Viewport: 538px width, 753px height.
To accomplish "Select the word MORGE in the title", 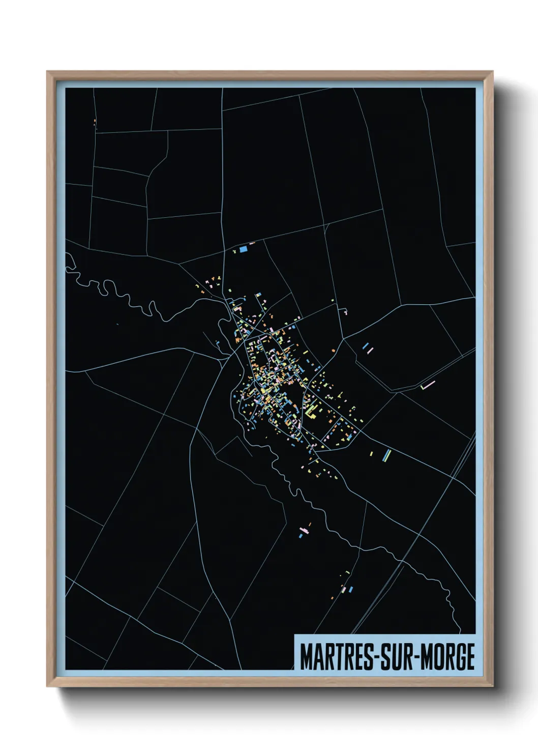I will pos(447,657).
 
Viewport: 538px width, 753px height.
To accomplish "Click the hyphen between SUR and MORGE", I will pos(416,658).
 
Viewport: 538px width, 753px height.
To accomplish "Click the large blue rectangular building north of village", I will pos(243,249).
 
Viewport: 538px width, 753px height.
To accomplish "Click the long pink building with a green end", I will pos(428,385).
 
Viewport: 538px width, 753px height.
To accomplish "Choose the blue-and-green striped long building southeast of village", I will pos(388,454).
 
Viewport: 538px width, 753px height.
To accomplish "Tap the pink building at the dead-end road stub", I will pos(345,312).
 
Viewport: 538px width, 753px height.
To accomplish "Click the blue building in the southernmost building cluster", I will pos(351,589).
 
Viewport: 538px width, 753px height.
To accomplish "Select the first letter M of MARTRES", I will pos(306,657).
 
